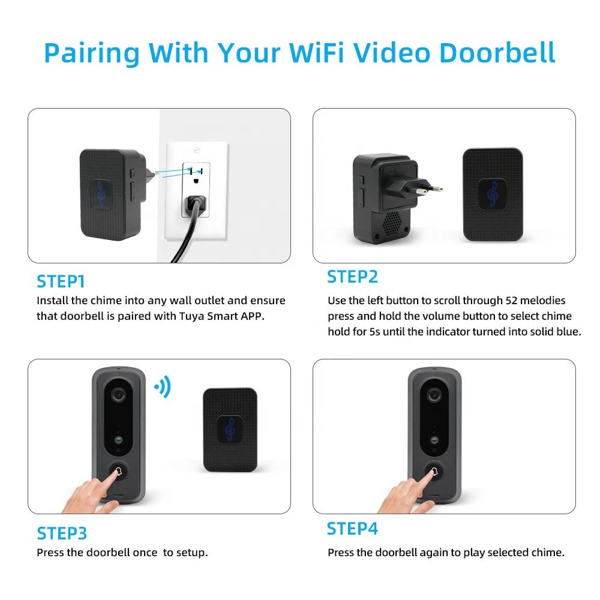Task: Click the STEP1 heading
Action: tap(61, 281)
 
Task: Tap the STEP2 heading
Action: tap(352, 277)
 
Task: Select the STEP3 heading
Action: tap(62, 533)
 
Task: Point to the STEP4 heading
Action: tap(352, 529)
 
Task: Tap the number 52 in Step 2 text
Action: tap(511, 301)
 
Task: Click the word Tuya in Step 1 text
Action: tap(191, 316)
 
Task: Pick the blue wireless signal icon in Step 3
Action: tap(163, 387)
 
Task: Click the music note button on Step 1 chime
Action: tap(101, 195)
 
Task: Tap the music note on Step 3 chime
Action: tap(230, 430)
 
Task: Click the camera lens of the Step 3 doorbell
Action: tap(119, 394)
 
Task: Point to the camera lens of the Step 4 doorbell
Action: tap(434, 394)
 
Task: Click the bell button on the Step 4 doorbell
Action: tap(434, 472)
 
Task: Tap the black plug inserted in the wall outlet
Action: tap(195, 205)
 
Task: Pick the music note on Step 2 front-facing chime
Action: tap(493, 194)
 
